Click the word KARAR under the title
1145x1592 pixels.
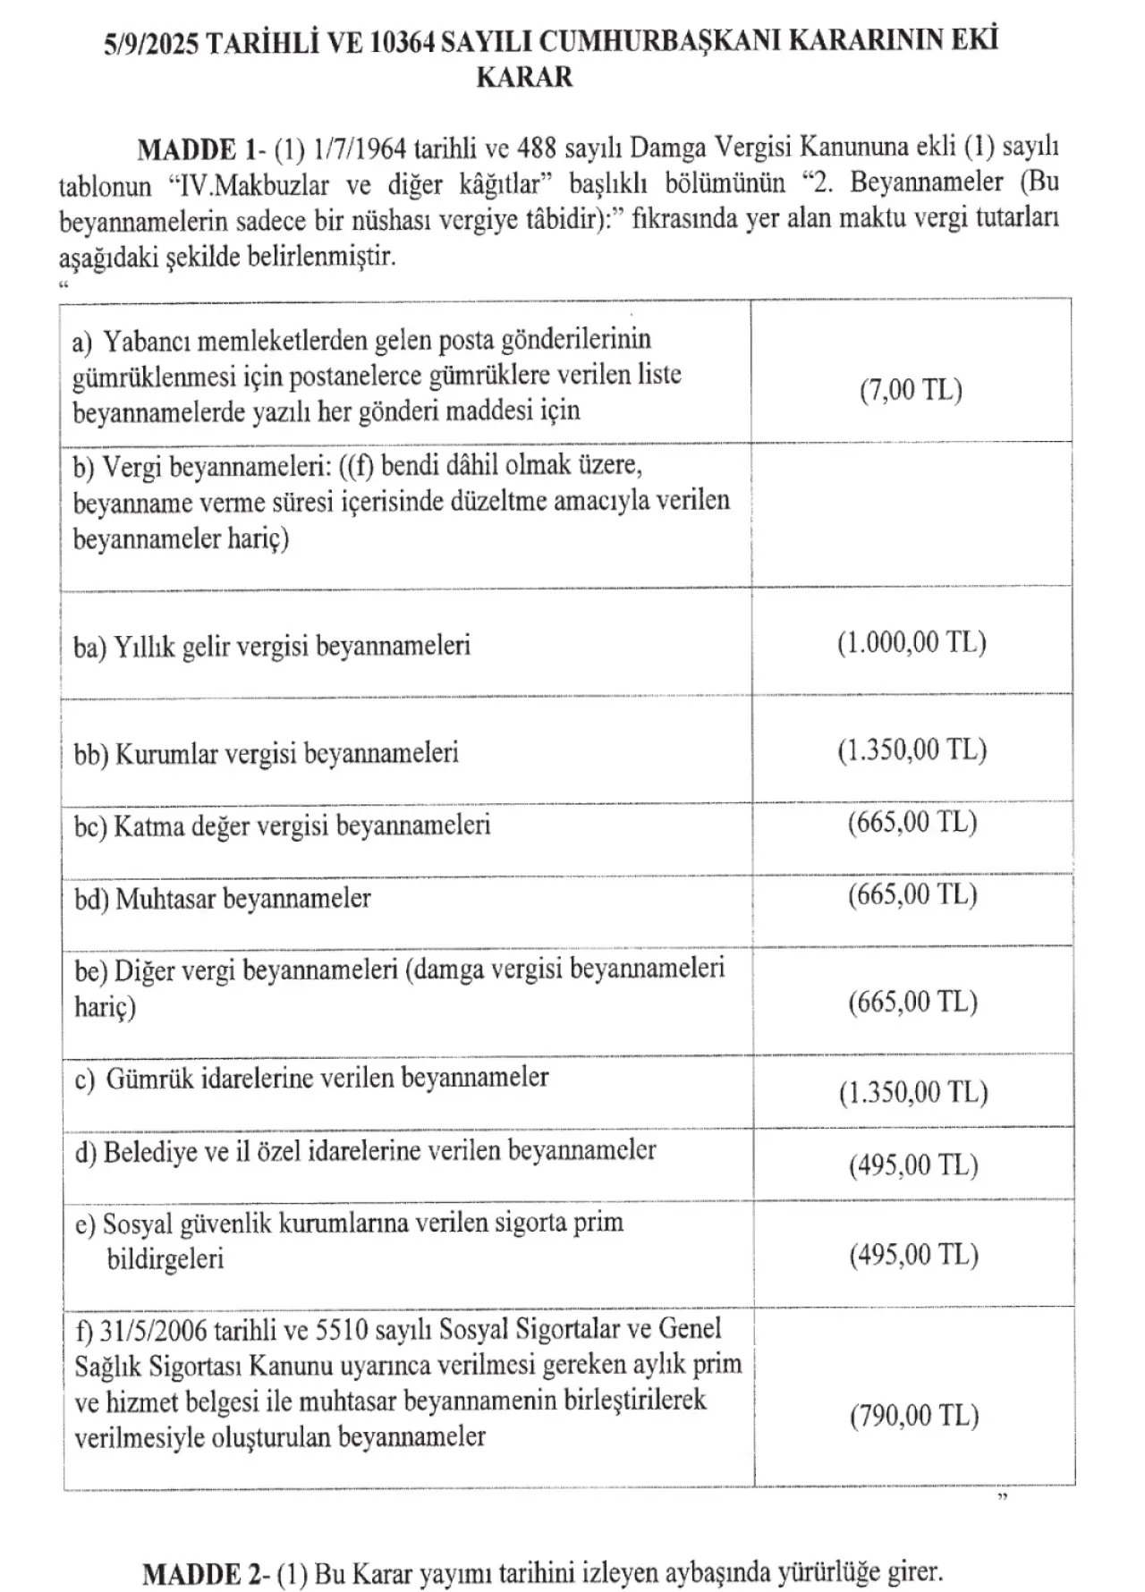point(524,77)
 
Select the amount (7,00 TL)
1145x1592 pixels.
point(911,390)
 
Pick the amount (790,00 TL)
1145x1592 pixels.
point(914,1415)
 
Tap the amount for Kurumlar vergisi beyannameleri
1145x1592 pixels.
point(912,749)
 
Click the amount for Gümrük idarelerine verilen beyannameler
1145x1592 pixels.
point(912,1092)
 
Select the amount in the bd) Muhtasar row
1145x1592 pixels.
point(912,894)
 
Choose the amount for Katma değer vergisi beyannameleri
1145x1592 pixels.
point(912,822)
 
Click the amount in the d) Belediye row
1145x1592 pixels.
point(913,1164)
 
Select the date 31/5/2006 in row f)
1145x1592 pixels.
point(154,1330)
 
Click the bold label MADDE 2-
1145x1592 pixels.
point(208,1571)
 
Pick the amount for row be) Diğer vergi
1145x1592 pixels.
point(912,1002)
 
